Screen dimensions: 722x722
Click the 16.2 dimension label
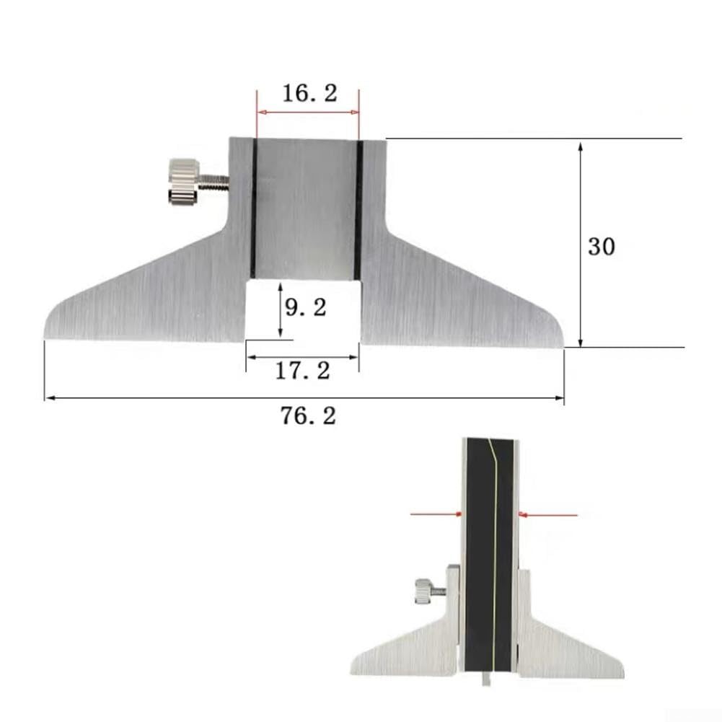click(x=309, y=93)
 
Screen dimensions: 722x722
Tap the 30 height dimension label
click(x=601, y=247)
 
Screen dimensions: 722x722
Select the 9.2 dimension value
click(x=306, y=307)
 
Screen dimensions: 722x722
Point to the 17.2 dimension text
click(x=302, y=371)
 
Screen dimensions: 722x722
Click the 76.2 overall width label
click(x=309, y=415)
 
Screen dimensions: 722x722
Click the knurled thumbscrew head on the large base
click(x=184, y=182)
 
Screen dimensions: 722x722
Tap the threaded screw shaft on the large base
click(x=214, y=182)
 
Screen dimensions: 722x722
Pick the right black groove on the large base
click(x=358, y=210)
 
